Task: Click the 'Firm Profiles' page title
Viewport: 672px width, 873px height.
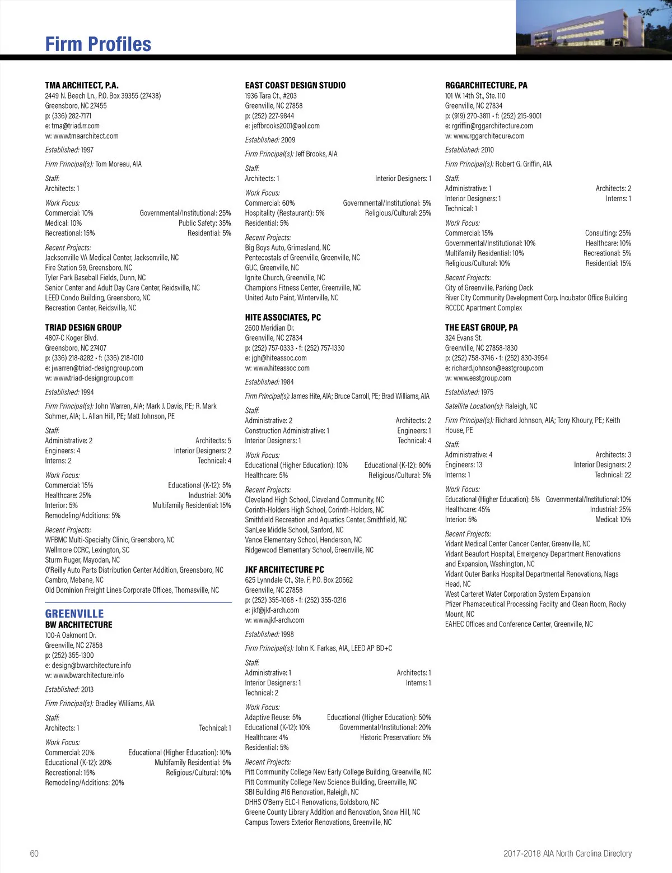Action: point(98,44)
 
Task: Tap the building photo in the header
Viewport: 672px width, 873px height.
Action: point(594,27)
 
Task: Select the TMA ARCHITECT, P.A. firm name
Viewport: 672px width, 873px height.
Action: point(82,85)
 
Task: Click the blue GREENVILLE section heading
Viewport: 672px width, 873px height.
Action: point(74,614)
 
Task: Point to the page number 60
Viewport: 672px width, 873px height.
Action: point(34,853)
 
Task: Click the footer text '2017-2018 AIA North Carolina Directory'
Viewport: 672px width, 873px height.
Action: point(567,853)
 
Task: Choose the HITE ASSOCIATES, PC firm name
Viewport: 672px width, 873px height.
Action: point(283,317)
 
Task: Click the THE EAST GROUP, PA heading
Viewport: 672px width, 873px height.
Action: point(481,327)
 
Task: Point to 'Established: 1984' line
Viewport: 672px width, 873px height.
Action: point(269,382)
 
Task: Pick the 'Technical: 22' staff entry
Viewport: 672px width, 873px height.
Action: point(613,475)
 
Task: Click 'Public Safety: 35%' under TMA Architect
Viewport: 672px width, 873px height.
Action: point(204,223)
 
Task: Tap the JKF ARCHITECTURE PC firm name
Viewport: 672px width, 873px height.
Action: point(284,569)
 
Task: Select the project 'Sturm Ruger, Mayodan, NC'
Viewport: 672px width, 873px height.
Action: point(82,560)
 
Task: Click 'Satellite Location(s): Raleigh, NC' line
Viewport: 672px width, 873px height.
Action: point(491,406)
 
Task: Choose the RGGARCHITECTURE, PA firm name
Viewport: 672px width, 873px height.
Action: point(486,85)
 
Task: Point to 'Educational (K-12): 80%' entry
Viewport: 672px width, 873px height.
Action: point(398,465)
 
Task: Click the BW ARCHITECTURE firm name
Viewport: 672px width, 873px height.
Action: point(78,625)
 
